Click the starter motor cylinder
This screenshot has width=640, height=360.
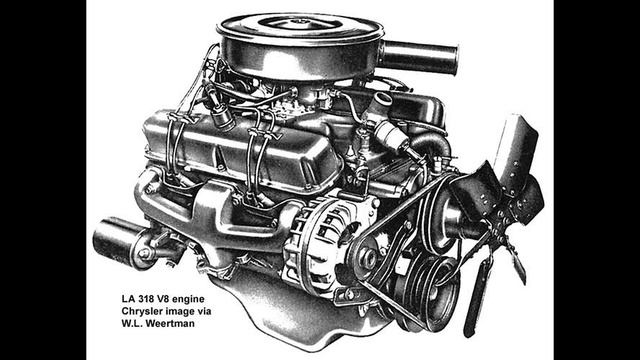[118, 241]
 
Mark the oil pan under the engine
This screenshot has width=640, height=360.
[330, 325]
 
